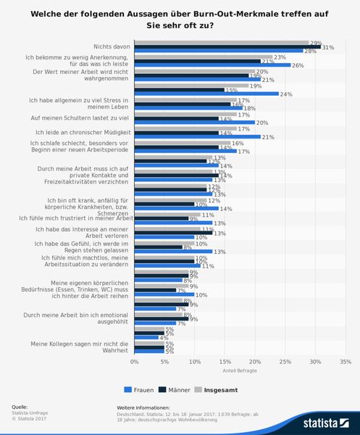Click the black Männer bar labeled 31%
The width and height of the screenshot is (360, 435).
tap(227, 47)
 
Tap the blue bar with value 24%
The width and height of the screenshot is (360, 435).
tap(206, 94)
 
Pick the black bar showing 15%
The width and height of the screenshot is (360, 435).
tap(179, 90)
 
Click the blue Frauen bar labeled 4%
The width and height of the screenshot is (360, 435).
tap(146, 338)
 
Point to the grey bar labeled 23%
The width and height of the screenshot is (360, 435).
tap(204, 57)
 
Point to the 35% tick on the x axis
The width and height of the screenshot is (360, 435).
tap(345, 360)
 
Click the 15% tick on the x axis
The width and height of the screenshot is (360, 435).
tap(225, 360)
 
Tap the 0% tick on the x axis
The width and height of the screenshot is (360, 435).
tap(134, 360)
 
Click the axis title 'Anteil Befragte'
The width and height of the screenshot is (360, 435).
tap(240, 371)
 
